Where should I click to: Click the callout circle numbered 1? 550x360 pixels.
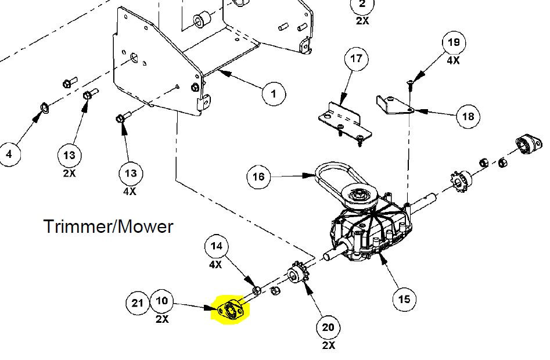pyautogui.click(x=274, y=93)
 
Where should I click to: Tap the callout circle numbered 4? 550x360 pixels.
pyautogui.click(x=9, y=154)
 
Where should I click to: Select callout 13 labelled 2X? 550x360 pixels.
pyautogui.click(x=70, y=155)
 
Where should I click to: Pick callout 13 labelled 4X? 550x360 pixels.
pyautogui.click(x=131, y=173)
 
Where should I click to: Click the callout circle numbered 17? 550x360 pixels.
pyautogui.click(x=356, y=59)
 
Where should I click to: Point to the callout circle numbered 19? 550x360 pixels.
pyautogui.click(x=454, y=42)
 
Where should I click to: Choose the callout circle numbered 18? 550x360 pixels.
pyautogui.click(x=468, y=117)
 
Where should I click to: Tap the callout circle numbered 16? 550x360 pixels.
pyautogui.click(x=259, y=177)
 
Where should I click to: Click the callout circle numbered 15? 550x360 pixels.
pyautogui.click(x=404, y=299)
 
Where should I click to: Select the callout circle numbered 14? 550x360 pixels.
pyautogui.click(x=216, y=246)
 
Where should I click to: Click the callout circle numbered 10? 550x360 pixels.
pyautogui.click(x=162, y=301)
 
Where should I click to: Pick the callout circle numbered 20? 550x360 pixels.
pyautogui.click(x=328, y=327)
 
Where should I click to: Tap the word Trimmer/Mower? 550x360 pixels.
pyautogui.click(x=108, y=226)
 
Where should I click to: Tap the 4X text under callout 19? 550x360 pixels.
pyautogui.click(x=454, y=60)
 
